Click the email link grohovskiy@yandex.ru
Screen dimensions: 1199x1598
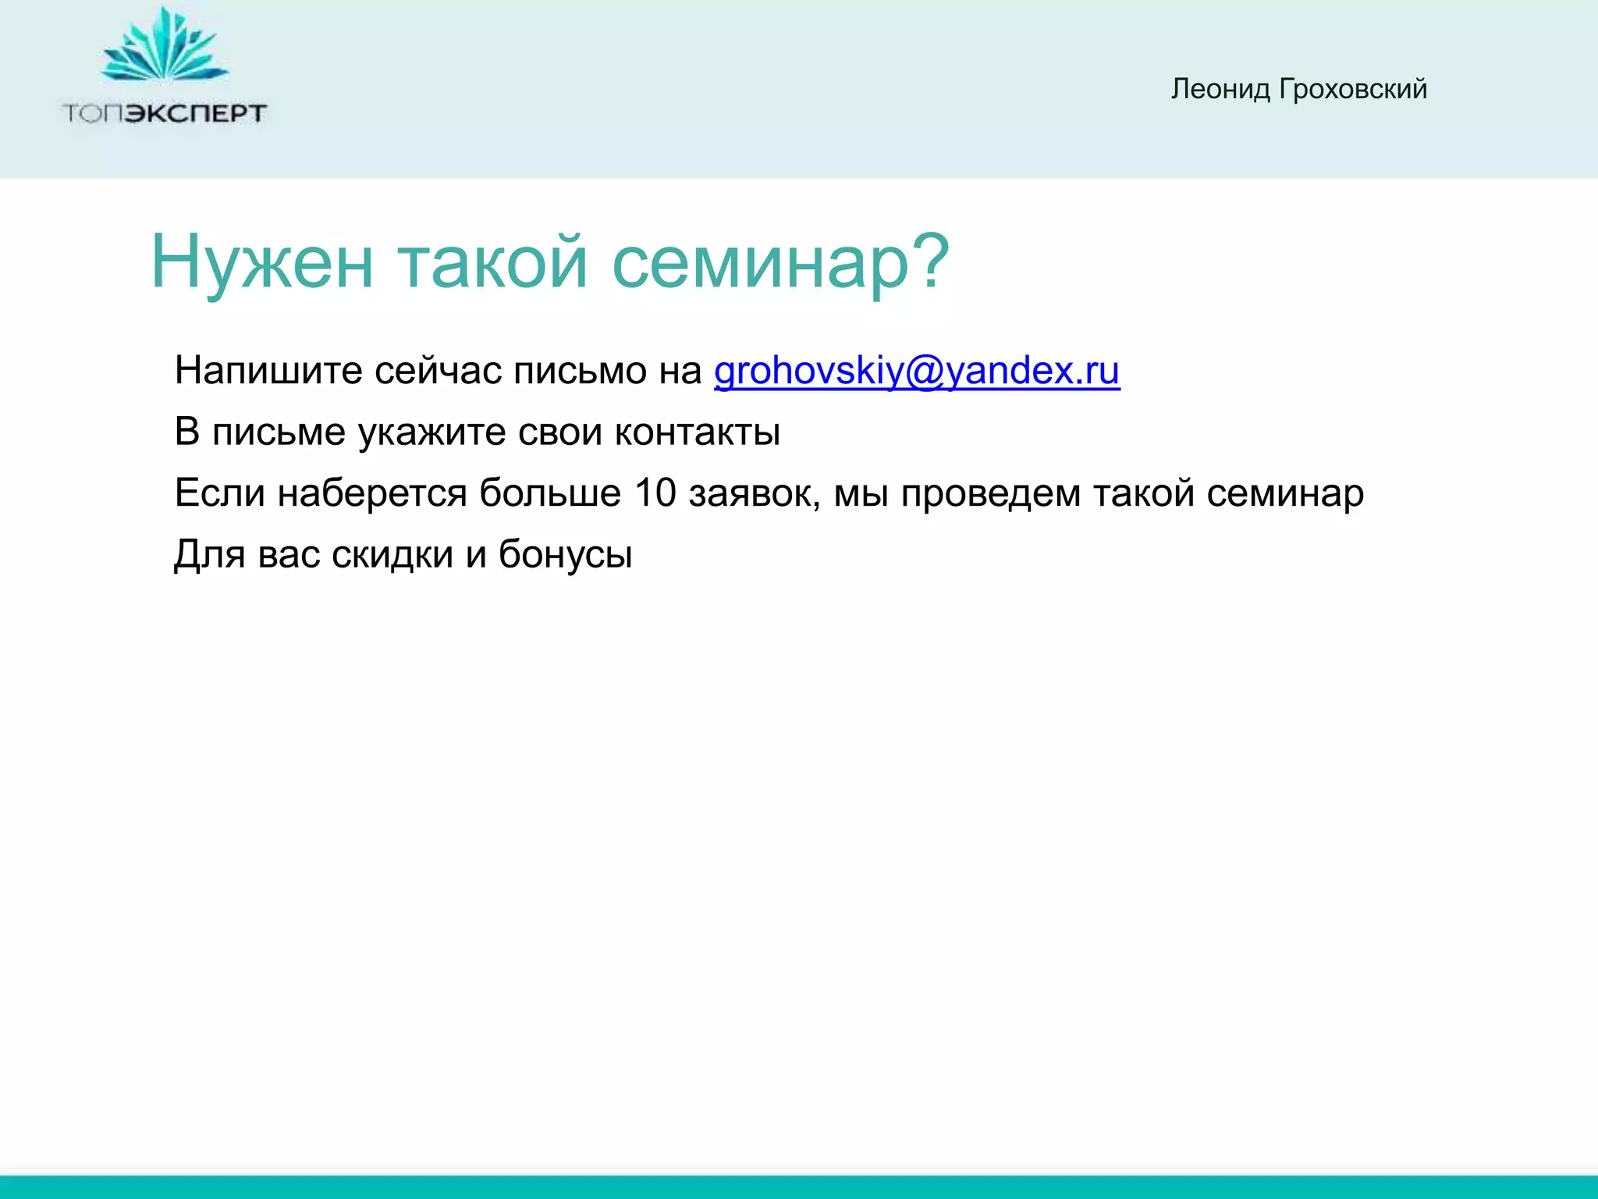pos(916,371)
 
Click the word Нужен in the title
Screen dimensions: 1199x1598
pos(261,262)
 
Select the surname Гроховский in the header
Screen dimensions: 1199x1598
pos(1352,89)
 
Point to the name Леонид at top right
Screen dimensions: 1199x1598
pos(1220,89)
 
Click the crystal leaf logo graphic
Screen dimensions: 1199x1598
pos(164,47)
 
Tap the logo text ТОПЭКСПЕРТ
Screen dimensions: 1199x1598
pos(164,114)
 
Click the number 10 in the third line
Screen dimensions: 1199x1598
pos(655,493)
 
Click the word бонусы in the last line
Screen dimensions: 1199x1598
pos(565,555)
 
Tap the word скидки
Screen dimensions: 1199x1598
pos(392,555)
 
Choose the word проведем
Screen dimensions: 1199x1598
pos(990,493)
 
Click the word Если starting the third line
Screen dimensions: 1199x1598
pos(219,493)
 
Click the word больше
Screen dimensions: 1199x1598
pos(549,493)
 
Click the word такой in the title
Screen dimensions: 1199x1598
pos(492,262)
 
